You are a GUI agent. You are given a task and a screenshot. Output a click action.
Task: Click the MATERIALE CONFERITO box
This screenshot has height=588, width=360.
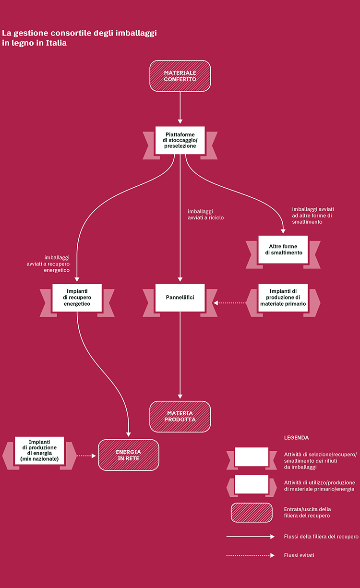[180, 76]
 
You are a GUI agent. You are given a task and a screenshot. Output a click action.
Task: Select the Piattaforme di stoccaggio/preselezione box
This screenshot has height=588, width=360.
[180, 140]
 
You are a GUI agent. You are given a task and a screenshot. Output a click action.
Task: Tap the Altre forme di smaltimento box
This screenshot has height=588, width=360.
[283, 250]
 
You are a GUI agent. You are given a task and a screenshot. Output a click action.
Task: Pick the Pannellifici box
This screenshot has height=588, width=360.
[180, 298]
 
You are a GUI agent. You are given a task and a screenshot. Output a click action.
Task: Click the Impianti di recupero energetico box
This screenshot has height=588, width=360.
[77, 298]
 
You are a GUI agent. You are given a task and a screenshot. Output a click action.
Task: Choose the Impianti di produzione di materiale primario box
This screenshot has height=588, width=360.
[283, 298]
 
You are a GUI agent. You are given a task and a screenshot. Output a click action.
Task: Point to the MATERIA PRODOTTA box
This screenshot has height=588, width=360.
[180, 416]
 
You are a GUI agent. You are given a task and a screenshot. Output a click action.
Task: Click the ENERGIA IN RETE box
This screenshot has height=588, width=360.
[129, 455]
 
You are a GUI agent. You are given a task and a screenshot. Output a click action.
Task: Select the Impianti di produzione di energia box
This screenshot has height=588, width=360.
[39, 450]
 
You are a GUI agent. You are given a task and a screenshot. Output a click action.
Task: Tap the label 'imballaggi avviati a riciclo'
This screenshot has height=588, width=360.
[205, 215]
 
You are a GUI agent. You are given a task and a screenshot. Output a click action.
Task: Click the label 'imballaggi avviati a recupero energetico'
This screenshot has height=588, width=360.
[48, 264]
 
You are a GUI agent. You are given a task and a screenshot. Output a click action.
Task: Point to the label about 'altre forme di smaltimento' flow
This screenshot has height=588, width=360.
[313, 216]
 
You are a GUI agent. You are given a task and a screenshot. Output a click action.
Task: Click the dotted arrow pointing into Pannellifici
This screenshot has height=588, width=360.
[230, 303]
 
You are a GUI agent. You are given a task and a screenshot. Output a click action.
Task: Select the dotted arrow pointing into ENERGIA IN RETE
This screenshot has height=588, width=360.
[86, 456]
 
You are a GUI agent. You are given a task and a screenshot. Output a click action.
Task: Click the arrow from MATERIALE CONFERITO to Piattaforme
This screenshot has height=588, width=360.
[180, 108]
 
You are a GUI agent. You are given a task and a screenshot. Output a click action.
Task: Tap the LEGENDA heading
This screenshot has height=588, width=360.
[296, 438]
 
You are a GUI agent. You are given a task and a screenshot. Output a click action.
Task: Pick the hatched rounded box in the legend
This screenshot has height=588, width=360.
[252, 513]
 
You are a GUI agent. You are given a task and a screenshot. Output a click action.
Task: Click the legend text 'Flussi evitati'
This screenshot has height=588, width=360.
[299, 555]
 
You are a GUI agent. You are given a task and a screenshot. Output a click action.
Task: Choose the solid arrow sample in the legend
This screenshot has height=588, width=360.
[251, 537]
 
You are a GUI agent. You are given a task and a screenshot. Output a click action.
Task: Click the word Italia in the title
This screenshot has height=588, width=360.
[56, 43]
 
